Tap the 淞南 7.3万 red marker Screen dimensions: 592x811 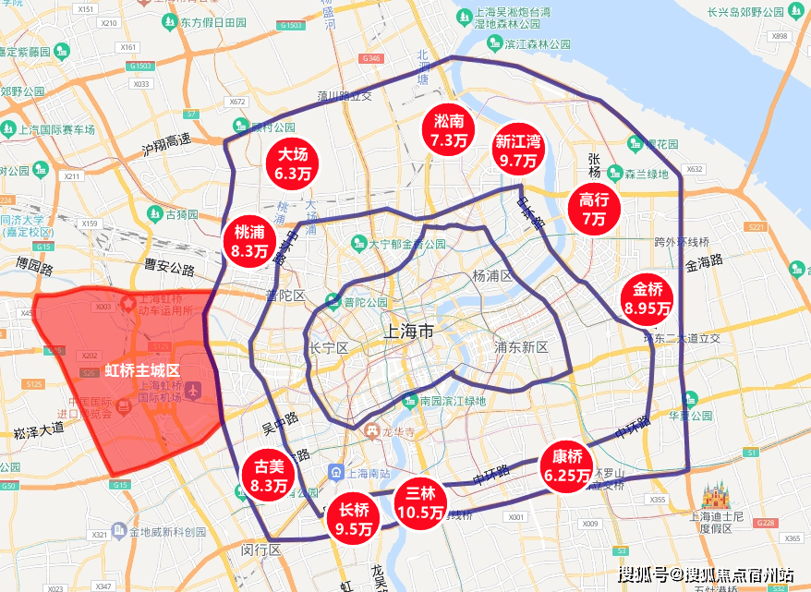(449, 130)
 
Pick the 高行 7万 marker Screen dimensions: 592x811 (593, 209)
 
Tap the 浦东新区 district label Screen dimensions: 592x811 (521, 347)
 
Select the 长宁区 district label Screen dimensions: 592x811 (328, 348)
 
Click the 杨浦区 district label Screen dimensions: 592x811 (491, 275)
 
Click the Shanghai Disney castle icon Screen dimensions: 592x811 (716, 499)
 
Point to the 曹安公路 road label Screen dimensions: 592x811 (170, 269)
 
